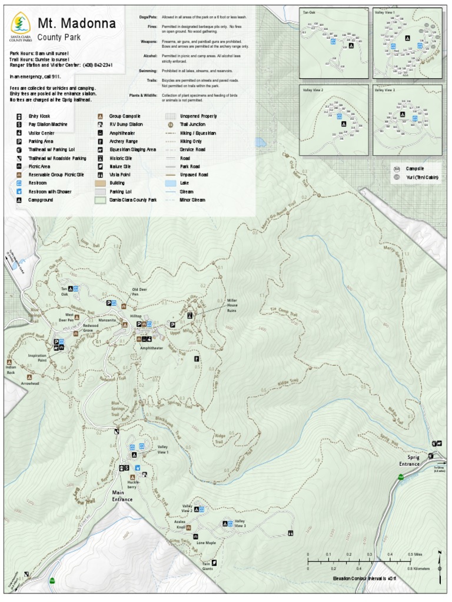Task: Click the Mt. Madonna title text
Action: click(x=76, y=24)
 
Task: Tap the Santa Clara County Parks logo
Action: click(x=21, y=26)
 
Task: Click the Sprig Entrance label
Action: click(x=409, y=460)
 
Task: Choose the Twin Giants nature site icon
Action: click(x=214, y=563)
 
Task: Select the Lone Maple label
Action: click(x=206, y=542)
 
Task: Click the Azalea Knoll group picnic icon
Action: click(x=190, y=527)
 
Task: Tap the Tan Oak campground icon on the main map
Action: click(x=71, y=289)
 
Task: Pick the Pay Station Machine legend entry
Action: click(x=48, y=125)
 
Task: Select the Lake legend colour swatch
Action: click(x=170, y=183)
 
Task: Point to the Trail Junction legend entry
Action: click(x=192, y=125)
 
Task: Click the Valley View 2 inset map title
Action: click(x=313, y=91)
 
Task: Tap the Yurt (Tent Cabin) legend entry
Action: click(x=422, y=177)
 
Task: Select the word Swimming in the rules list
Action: click(x=148, y=71)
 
